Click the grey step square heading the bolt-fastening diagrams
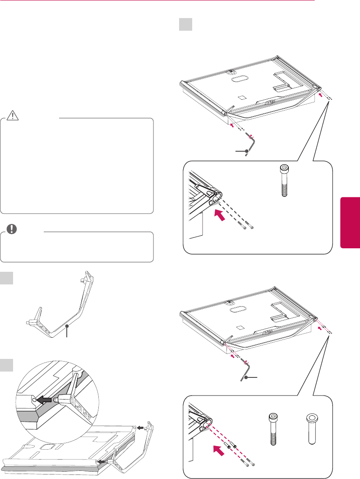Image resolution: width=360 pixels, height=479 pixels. tap(186, 24)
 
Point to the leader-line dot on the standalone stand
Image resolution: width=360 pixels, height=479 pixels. tap(67, 326)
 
